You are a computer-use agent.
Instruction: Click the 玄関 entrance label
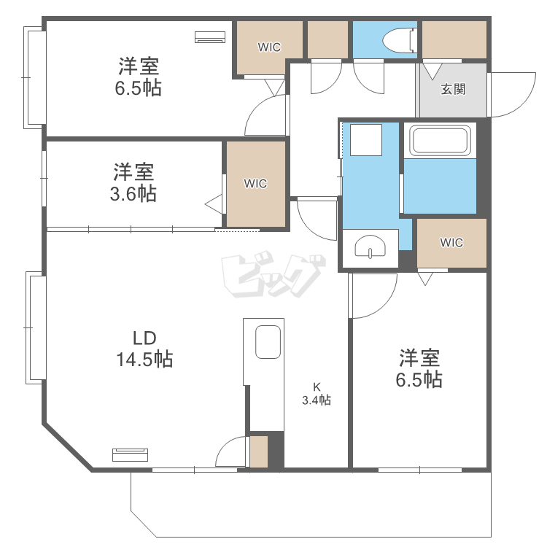[x=453, y=90]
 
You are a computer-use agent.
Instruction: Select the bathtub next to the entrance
[x=439, y=140]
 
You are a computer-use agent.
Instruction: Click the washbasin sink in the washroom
[x=371, y=249]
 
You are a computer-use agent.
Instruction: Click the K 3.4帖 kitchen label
[x=317, y=393]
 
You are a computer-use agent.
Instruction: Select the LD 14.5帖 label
[x=144, y=349]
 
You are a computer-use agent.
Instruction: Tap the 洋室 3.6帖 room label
[x=133, y=183]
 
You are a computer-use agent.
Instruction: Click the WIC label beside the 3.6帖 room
[x=255, y=183]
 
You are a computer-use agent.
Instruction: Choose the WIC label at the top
[x=269, y=47]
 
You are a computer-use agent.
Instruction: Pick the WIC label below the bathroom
[x=451, y=243]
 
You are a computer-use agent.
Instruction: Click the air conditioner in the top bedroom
[x=211, y=36]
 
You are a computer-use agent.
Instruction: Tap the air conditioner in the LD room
[x=131, y=455]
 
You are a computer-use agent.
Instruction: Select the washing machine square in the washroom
[x=365, y=139]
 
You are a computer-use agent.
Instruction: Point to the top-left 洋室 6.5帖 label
[x=139, y=77]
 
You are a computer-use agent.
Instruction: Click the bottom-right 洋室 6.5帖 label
[x=419, y=369]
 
